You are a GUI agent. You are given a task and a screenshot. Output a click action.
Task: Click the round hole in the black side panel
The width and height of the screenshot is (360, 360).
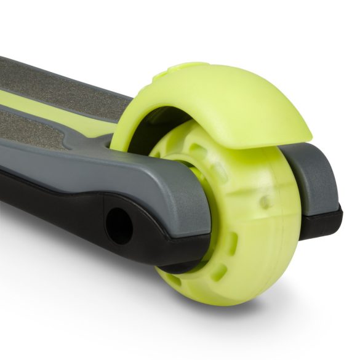point(119,226)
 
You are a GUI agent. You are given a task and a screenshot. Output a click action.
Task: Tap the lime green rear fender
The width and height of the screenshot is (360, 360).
point(222,105)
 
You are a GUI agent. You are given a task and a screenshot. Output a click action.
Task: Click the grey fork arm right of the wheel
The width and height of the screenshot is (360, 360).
point(314,178)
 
